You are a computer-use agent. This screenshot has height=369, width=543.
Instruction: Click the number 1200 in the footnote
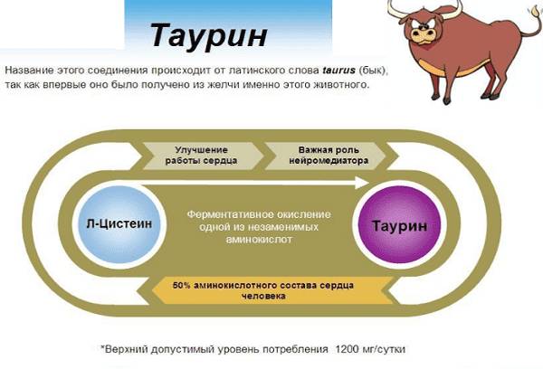point(348,349)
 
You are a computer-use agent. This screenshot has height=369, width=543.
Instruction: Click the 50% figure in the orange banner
point(190,285)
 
